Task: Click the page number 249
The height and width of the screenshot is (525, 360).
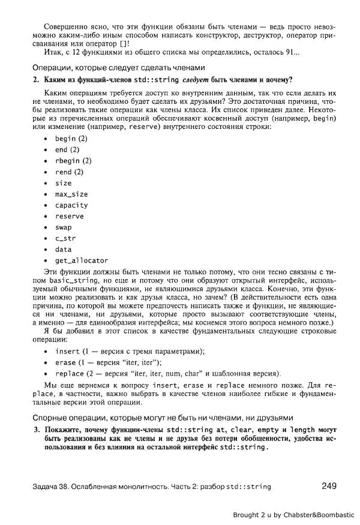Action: tap(329, 485)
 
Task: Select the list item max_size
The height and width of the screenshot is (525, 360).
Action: tap(71, 194)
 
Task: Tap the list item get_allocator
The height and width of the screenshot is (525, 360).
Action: tap(81, 260)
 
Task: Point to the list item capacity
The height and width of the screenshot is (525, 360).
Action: tap(71, 205)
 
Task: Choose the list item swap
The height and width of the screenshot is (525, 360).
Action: tap(63, 227)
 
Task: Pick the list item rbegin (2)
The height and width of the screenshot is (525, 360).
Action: tap(73, 161)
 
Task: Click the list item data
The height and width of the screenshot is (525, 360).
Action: tap(63, 249)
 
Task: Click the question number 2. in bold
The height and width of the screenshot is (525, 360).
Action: tap(36, 80)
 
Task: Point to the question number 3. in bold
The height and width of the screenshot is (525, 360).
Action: tap(36, 430)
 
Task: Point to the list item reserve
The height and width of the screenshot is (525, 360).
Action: tap(69, 216)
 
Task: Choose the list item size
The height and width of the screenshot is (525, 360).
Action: tap(63, 183)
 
